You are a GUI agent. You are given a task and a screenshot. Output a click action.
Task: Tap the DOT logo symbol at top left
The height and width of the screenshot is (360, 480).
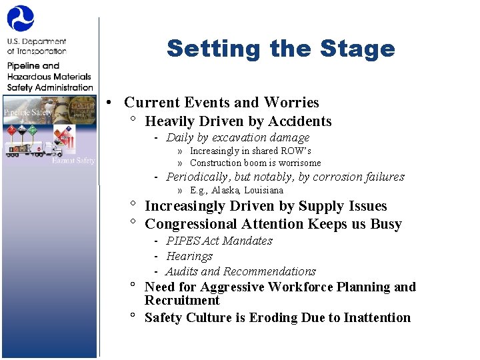tap(20, 19)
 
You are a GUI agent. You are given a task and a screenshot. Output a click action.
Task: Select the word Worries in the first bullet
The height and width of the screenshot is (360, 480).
tap(291, 103)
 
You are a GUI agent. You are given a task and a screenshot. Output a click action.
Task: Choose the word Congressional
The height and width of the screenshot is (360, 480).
tap(189, 224)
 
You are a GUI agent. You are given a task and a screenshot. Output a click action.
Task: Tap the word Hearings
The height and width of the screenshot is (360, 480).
tap(189, 256)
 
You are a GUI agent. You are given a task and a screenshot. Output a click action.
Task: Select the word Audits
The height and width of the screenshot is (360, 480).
tap(181, 271)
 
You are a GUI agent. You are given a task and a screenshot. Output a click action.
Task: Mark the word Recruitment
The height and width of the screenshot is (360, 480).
tap(182, 300)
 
